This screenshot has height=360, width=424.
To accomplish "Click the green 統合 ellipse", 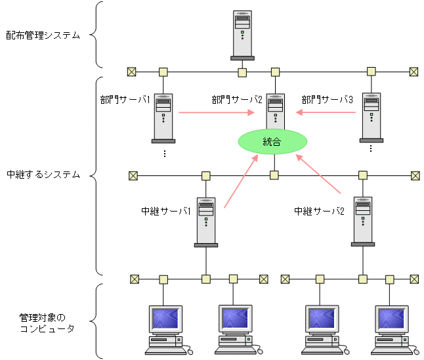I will [272, 141].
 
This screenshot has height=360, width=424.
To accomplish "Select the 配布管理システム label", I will [43, 35].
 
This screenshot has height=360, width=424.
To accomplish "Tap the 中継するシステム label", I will [43, 175].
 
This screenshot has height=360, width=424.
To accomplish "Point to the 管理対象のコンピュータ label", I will [47, 323].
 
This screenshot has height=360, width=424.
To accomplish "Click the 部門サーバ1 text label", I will [125, 100].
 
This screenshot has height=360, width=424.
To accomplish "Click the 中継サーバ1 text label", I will [166, 212].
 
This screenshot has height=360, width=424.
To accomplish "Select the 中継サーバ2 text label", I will [319, 212].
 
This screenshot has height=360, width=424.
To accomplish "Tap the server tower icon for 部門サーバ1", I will [163, 117].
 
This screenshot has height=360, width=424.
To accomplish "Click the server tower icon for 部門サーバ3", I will [371, 117].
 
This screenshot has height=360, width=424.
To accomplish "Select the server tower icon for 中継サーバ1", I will [206, 221].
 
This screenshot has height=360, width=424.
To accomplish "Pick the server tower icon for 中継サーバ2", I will [363, 221].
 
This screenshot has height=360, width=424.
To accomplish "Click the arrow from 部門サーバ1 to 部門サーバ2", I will [217, 112].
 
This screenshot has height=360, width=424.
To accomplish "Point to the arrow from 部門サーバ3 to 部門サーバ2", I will [326, 112].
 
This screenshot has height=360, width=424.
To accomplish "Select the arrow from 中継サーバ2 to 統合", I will [320, 175].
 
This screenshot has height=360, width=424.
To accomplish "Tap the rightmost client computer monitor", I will [393, 319].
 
